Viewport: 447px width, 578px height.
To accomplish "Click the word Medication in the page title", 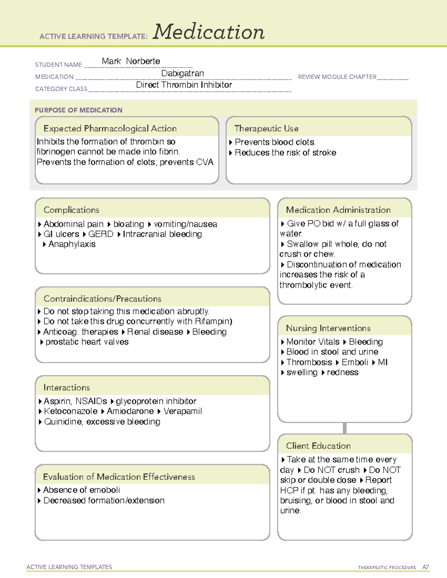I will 209,32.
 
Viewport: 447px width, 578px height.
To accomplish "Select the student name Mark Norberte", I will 131,61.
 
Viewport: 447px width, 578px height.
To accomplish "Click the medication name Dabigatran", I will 183,73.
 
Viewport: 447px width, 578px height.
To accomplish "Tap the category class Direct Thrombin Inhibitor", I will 184,85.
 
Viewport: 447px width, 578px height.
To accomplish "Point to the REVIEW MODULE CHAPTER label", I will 337,77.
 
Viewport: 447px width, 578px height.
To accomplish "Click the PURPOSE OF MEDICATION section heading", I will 79,110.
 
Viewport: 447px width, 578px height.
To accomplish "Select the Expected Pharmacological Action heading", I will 110,128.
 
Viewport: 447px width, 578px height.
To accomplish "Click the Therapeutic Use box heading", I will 266,128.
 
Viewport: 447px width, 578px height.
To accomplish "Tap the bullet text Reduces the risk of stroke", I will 285,153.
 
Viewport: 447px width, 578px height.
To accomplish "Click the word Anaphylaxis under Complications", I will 72,244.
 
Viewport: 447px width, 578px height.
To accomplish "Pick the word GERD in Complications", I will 101,234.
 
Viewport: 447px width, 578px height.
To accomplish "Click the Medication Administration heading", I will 338,210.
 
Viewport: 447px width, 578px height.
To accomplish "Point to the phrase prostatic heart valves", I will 87,342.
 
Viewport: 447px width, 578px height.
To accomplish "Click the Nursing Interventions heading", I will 328,328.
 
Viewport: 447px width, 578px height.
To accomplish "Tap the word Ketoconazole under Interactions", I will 70,411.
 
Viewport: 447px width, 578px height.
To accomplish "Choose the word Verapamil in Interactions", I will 183,411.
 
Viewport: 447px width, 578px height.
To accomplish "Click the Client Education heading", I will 318,446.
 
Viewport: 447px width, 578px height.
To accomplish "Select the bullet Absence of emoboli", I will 82,490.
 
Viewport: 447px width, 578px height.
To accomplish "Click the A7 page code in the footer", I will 425,567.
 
